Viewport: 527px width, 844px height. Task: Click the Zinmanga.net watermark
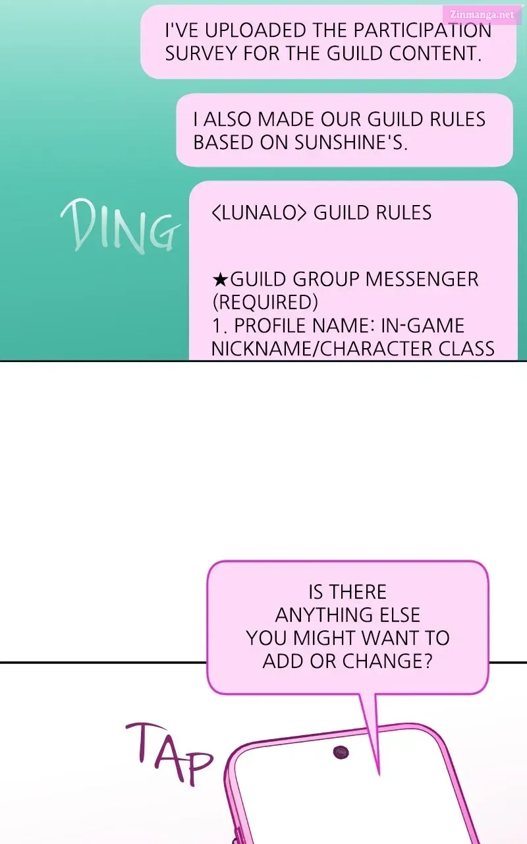[x=482, y=15]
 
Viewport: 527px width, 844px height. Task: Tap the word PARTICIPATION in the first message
[x=422, y=30]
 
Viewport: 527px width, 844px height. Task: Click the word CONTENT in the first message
[x=435, y=53]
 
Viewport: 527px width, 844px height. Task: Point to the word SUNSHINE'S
[x=351, y=142]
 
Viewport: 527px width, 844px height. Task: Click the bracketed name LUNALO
[x=260, y=212]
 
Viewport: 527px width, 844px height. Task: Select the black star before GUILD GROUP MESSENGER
[x=220, y=280]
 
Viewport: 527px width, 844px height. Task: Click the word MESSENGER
[x=422, y=280]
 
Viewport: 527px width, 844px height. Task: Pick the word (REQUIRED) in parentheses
[x=265, y=302]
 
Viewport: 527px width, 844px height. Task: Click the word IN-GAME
[x=423, y=326]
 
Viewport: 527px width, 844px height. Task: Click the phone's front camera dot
[x=341, y=752]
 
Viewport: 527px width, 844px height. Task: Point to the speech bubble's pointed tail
[x=379, y=775]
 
